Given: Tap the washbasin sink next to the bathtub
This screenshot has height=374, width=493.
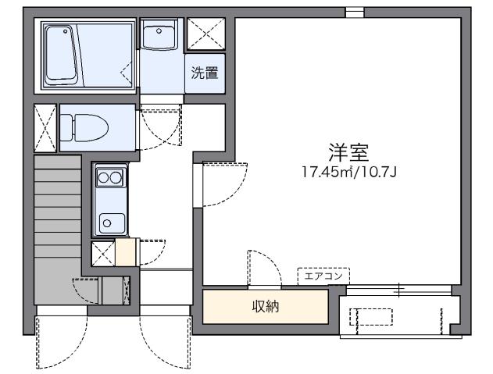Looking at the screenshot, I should click(160, 36).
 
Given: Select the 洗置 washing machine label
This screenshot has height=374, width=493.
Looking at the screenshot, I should click(205, 73).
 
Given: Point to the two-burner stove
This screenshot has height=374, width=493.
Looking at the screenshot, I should click(109, 178).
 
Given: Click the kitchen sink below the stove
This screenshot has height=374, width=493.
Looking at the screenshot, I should click(109, 222).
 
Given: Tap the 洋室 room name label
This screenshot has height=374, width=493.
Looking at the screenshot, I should click(349, 151).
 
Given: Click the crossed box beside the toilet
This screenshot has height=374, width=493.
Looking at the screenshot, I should click(45, 126).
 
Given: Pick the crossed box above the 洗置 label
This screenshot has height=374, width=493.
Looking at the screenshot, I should click(206, 34).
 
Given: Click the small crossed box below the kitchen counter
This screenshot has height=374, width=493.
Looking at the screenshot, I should click(102, 253).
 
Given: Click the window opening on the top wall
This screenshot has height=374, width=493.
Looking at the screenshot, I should click(355, 12).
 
